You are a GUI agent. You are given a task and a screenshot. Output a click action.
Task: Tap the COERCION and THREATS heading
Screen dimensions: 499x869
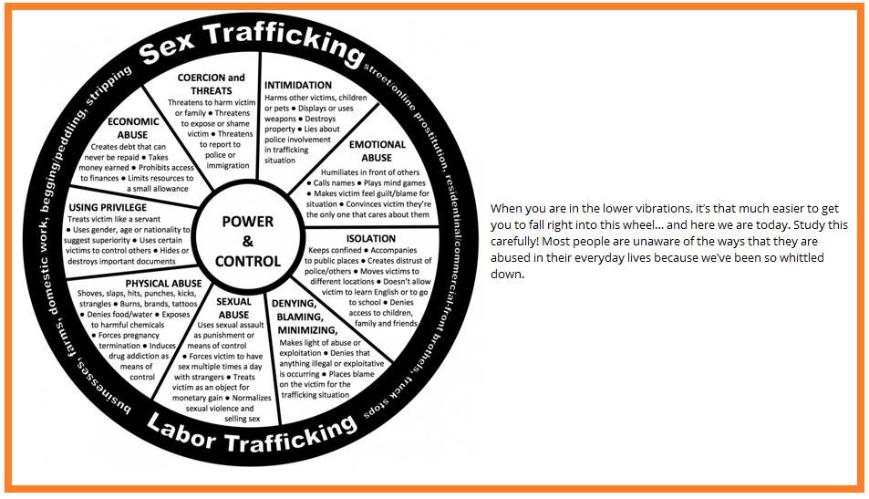[x=212, y=84]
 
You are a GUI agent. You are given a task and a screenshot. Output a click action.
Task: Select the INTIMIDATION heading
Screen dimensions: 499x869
[x=298, y=86]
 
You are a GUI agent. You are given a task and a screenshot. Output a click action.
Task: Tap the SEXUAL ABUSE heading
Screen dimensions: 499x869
[x=233, y=308]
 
